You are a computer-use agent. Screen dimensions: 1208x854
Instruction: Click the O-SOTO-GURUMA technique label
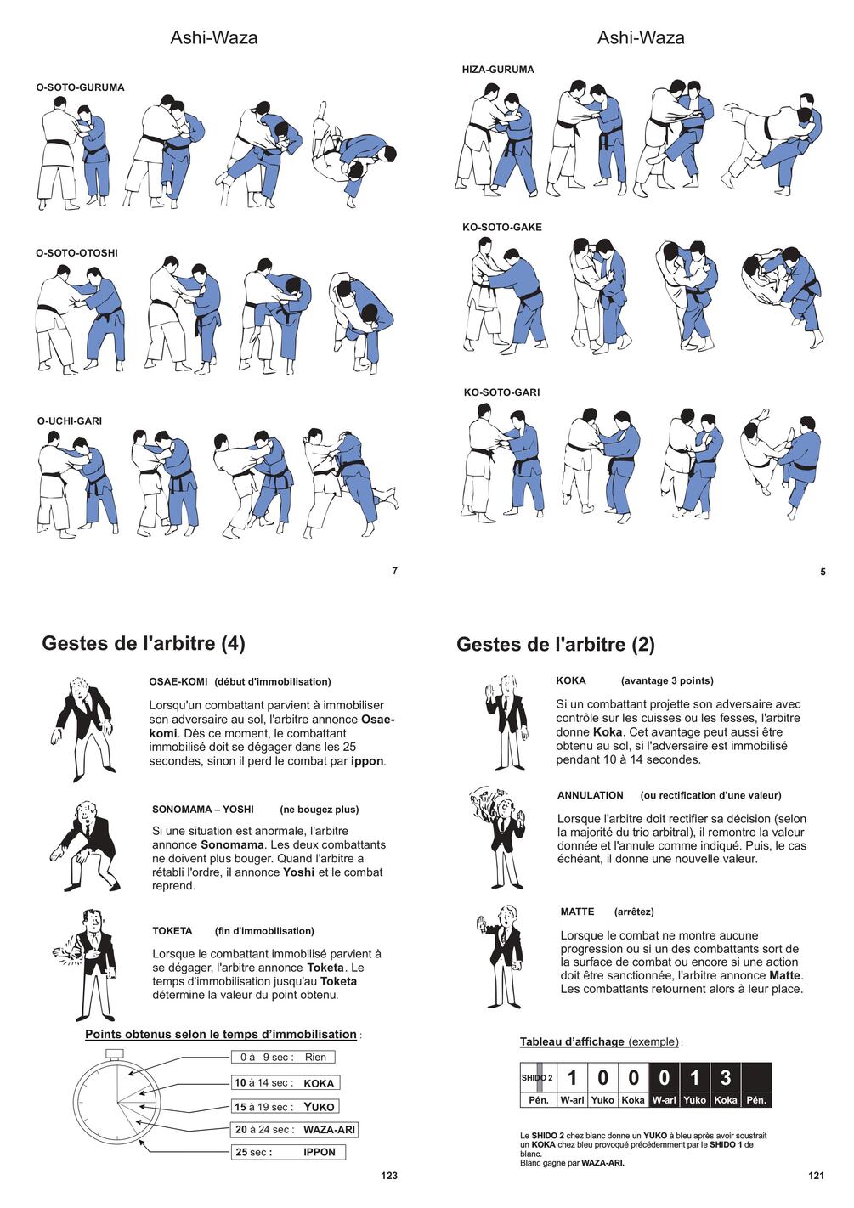click(x=80, y=87)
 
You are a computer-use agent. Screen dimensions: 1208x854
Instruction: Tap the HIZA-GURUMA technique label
click(x=498, y=70)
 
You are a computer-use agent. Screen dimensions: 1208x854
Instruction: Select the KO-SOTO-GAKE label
click(x=501, y=228)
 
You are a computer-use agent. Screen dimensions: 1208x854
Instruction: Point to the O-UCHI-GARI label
click(x=70, y=421)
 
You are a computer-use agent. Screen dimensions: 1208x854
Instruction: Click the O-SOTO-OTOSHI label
click(x=76, y=253)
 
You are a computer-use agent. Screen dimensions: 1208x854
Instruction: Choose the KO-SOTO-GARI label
click(x=501, y=392)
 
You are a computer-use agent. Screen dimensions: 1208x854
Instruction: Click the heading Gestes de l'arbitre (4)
click(x=144, y=643)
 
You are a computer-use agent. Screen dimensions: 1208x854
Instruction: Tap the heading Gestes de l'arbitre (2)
click(x=556, y=645)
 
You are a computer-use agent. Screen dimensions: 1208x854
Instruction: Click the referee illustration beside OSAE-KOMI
click(x=83, y=726)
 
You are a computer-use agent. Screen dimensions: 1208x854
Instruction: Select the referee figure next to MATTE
click(x=501, y=956)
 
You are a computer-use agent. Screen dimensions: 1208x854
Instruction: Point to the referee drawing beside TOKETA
click(x=88, y=964)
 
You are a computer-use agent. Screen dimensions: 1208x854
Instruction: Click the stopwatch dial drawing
click(x=116, y=1102)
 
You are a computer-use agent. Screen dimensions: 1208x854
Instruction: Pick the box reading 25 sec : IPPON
click(x=288, y=1153)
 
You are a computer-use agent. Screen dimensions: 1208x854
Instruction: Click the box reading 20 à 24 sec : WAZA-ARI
click(x=294, y=1130)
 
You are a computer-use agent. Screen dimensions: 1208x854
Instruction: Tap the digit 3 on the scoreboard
click(x=725, y=1078)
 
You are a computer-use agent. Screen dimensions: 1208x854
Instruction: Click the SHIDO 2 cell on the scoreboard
click(x=537, y=1078)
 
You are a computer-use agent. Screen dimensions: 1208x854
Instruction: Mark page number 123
click(x=389, y=1176)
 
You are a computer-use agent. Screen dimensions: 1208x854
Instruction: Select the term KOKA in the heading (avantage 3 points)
click(x=571, y=681)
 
